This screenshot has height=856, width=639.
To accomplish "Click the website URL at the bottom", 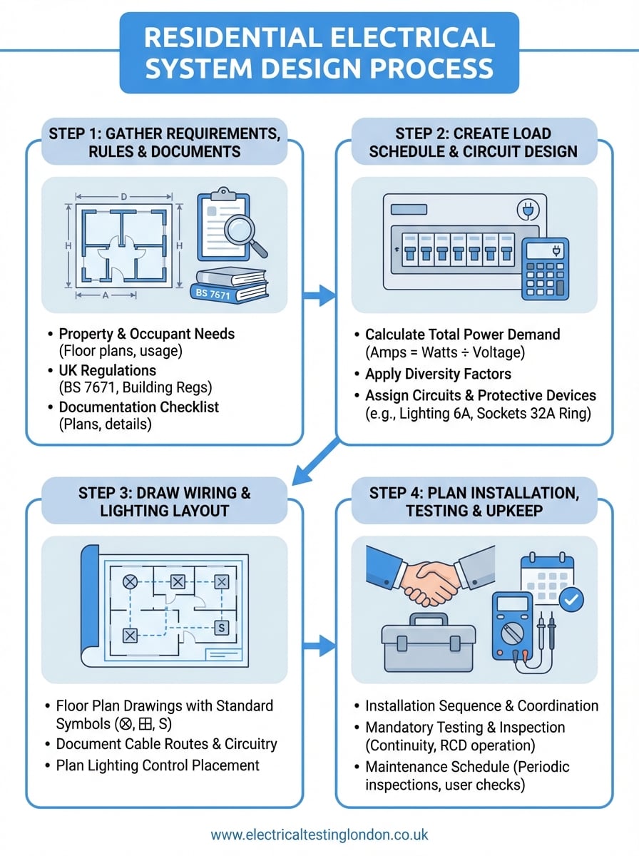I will click(319, 834).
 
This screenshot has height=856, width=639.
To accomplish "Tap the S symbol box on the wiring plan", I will click(221, 628).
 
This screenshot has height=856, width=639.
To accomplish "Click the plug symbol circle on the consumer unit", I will click(525, 210).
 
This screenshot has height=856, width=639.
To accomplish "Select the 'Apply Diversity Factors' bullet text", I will click(438, 374).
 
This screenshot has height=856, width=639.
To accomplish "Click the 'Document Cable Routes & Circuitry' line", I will click(166, 744).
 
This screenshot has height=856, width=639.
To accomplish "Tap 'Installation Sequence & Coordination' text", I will click(481, 705).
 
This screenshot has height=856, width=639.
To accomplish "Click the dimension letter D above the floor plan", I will click(123, 196).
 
